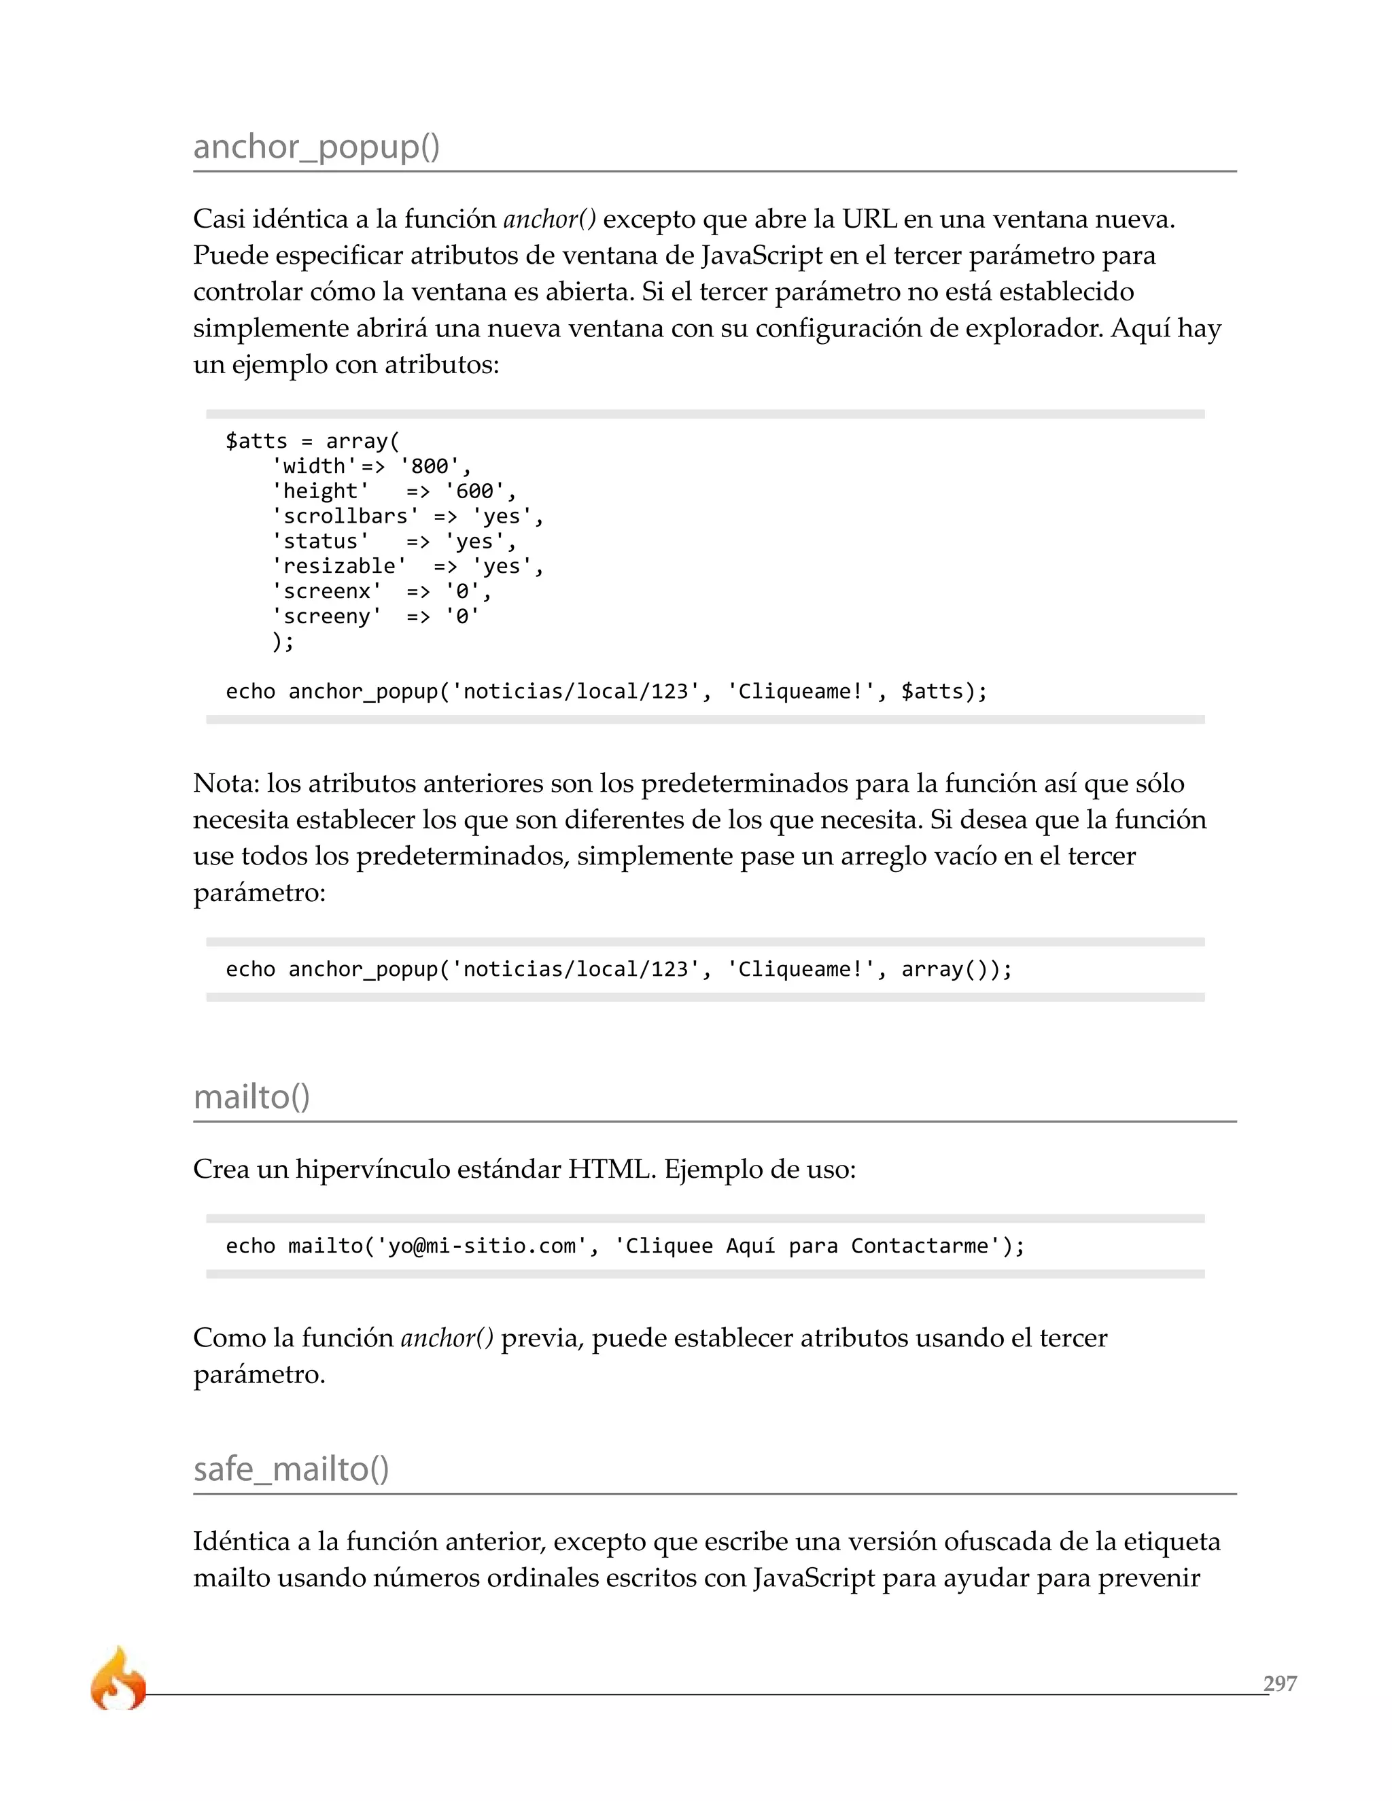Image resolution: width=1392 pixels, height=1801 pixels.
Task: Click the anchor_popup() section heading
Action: point(316,147)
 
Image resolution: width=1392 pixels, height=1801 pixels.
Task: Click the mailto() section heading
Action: point(251,1097)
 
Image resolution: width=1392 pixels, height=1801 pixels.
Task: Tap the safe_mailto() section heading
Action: point(290,1469)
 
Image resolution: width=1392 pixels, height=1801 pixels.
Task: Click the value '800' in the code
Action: point(430,466)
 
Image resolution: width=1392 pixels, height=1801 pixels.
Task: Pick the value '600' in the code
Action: point(474,491)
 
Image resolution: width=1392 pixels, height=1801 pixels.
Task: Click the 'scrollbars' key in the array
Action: point(345,517)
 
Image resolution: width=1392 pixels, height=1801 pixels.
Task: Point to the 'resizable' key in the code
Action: point(339,567)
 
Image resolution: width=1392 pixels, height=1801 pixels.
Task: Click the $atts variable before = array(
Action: point(256,441)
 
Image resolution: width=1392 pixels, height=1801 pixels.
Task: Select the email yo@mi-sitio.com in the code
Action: point(483,1245)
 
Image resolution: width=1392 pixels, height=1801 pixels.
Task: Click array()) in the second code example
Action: point(955,969)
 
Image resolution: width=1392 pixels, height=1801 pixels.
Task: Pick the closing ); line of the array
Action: point(283,642)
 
